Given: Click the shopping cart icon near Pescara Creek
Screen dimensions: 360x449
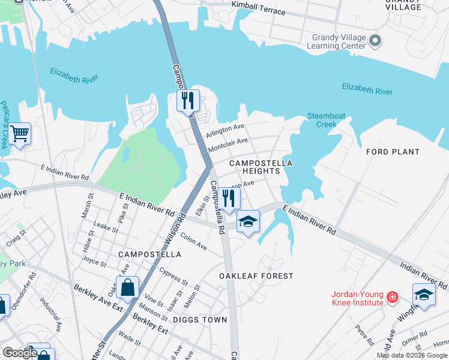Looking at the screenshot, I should click(x=19, y=133).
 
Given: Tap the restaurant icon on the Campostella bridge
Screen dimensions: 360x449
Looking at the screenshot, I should click(x=188, y=100).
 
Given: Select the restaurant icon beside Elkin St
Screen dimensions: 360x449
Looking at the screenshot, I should click(x=228, y=198).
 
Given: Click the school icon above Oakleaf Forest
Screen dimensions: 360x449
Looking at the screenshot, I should click(x=248, y=221).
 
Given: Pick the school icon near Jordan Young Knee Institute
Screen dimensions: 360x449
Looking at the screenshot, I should click(x=424, y=295).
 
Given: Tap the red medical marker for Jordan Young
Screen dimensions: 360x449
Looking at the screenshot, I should click(x=392, y=297).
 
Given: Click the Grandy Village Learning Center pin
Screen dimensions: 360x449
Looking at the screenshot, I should click(x=375, y=41).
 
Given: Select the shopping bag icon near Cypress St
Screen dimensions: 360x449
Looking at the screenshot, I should click(x=127, y=287).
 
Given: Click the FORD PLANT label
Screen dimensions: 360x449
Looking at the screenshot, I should click(x=393, y=152).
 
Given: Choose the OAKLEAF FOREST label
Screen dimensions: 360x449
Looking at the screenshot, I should click(x=256, y=276).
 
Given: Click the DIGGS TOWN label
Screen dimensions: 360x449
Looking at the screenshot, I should click(x=200, y=320).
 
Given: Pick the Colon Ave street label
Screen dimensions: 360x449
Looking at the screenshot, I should click(x=193, y=242).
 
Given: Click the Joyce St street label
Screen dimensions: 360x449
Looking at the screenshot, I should click(x=94, y=261).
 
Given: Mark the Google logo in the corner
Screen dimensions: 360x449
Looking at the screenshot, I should click(x=20, y=353).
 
